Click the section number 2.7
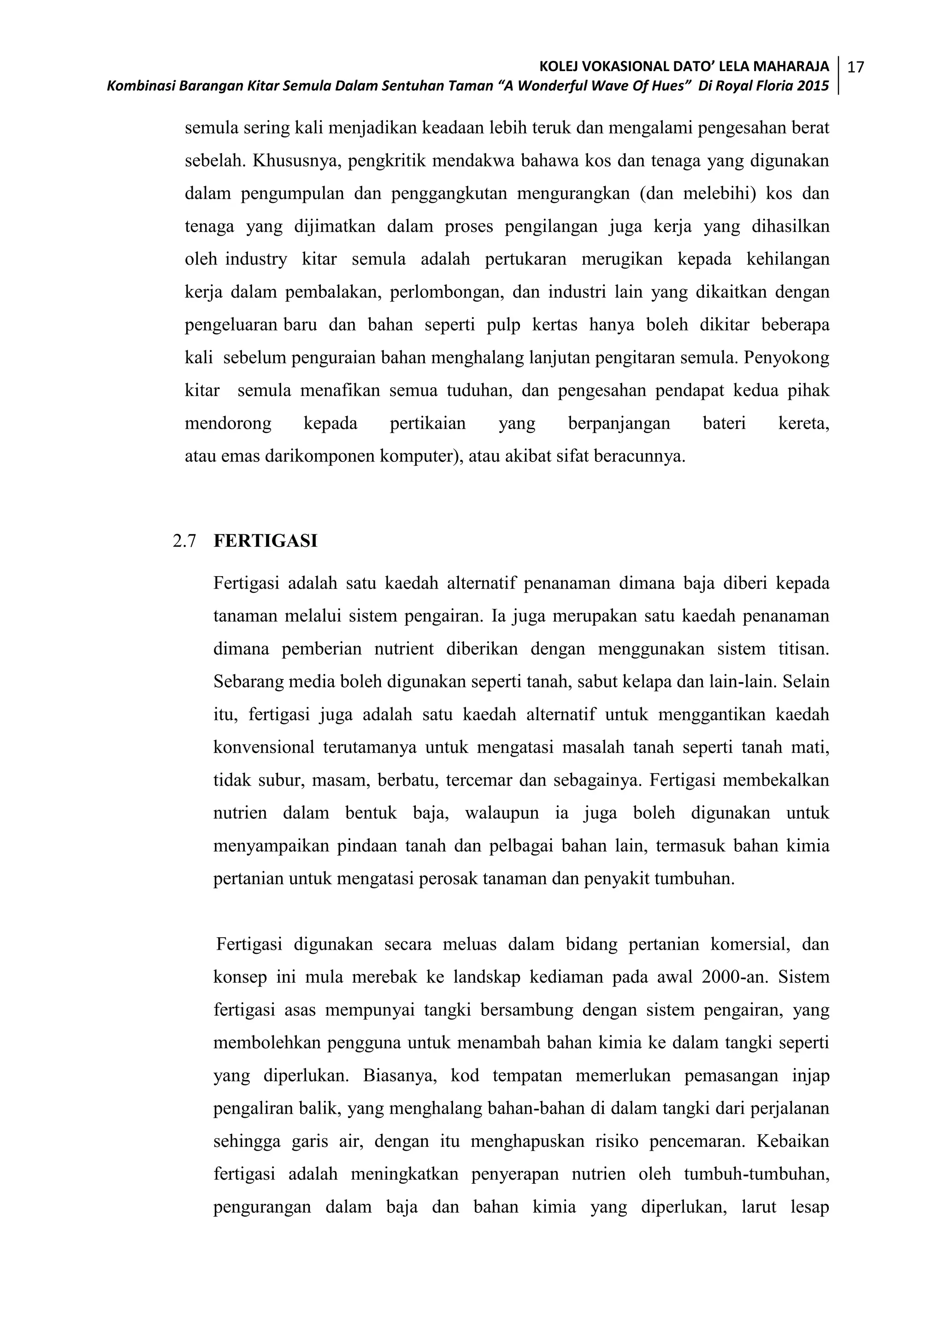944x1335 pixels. tap(184, 541)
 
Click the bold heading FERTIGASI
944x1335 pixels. tap(265, 541)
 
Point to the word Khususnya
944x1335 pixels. tap(296, 161)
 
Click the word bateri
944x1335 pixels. tap(724, 423)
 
